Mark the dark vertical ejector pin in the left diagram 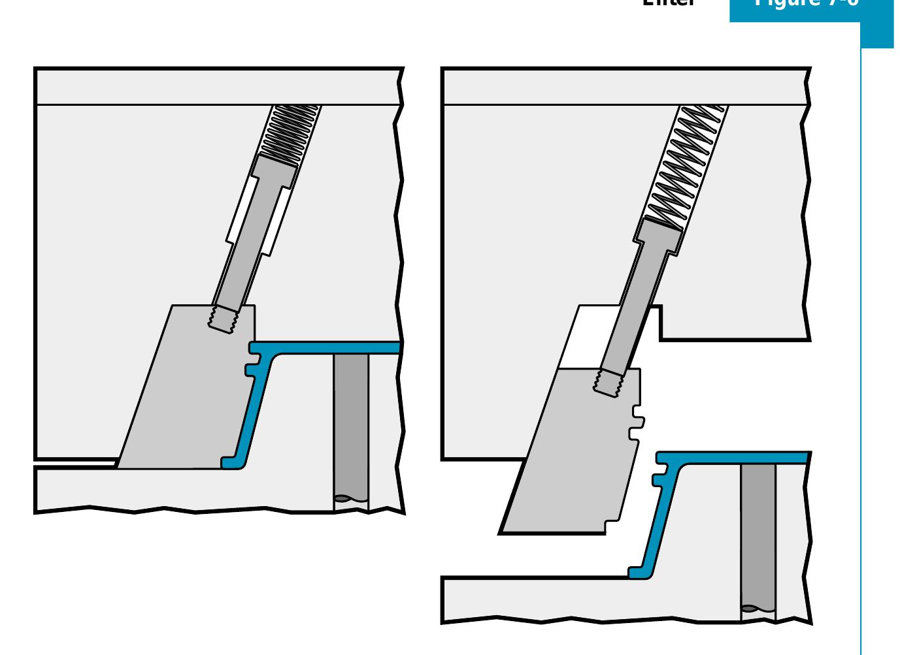click(x=351, y=424)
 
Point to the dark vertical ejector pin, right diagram click(x=758, y=535)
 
